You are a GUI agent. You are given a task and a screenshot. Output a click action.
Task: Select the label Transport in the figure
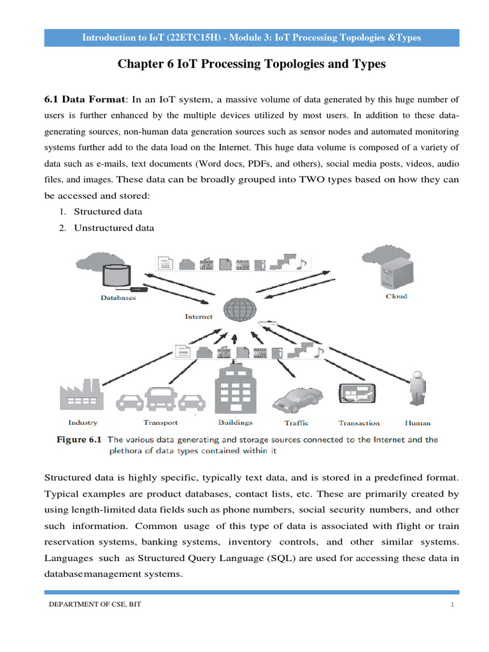pos(160,423)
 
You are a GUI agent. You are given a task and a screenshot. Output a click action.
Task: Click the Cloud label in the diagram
pos(396,297)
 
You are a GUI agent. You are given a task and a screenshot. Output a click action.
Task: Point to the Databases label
pos(118,297)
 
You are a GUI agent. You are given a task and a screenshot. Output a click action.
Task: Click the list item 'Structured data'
pos(108,211)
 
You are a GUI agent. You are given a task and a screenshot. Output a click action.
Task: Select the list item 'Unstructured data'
pos(114,228)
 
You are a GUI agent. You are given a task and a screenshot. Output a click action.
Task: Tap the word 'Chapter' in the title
pos(141,64)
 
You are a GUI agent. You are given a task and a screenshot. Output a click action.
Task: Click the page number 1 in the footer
pos(452,605)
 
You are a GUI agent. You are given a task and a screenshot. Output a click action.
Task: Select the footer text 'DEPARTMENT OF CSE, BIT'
pos(96,605)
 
